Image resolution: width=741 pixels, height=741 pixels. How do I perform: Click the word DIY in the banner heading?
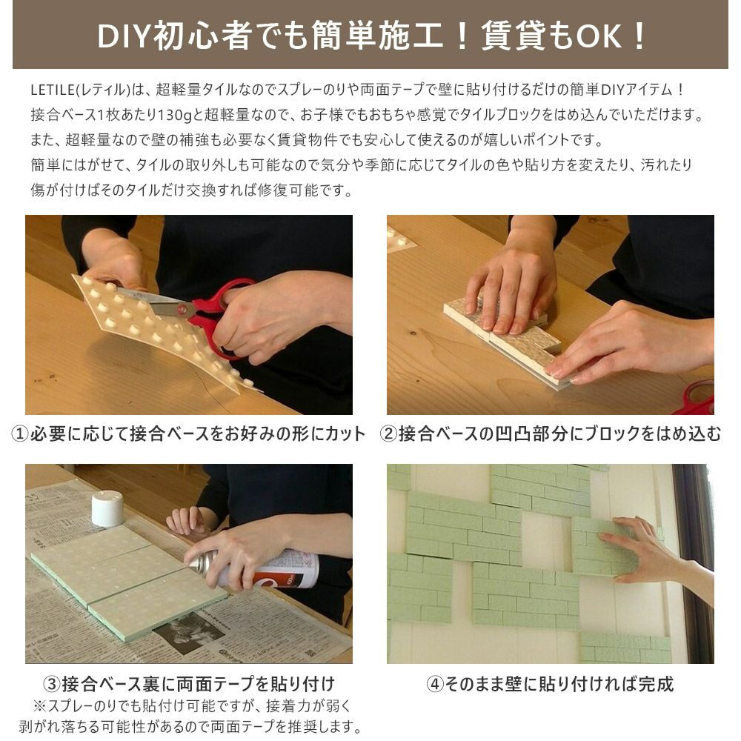click(124, 36)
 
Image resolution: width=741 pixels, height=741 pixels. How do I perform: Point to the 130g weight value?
click(173, 114)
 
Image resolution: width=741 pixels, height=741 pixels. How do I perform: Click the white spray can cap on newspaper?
click(107, 508)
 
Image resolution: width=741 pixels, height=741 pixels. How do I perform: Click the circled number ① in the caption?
click(20, 433)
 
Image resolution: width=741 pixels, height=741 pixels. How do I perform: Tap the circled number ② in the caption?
click(388, 433)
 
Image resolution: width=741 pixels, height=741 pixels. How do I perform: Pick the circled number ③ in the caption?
click(51, 683)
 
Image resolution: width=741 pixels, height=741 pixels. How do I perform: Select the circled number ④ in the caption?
click(435, 683)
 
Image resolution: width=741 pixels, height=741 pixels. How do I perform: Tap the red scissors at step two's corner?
click(699, 396)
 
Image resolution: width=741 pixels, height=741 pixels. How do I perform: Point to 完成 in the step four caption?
click(656, 683)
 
